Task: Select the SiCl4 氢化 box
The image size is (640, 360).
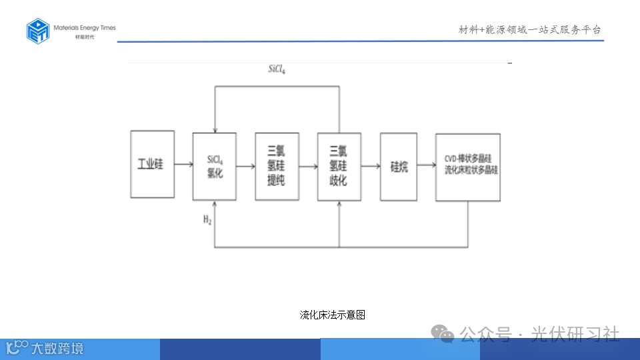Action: pyautogui.click(x=214, y=166)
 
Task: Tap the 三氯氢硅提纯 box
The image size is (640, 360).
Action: pyautogui.click(x=277, y=166)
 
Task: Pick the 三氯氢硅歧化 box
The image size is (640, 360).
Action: pyautogui.click(x=339, y=166)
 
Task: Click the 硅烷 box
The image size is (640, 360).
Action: pyautogui.click(x=399, y=166)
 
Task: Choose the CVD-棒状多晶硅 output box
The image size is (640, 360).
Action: pyautogui.click(x=468, y=167)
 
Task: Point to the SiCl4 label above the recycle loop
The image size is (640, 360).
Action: pyautogui.click(x=277, y=69)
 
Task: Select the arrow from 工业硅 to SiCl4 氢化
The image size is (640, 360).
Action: pyautogui.click(x=183, y=165)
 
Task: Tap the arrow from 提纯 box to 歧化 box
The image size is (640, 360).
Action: pyautogui.click(x=308, y=166)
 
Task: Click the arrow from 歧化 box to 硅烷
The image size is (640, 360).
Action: pyautogui.click(x=371, y=166)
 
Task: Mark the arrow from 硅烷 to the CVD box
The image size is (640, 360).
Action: pyautogui.click(x=426, y=166)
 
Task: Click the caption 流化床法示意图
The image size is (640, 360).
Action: pyautogui.click(x=333, y=315)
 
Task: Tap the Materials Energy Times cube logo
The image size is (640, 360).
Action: pyautogui.click(x=38, y=31)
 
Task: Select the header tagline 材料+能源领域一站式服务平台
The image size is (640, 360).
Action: pyautogui.click(x=530, y=29)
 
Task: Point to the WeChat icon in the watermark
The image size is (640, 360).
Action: pyautogui.click(x=441, y=333)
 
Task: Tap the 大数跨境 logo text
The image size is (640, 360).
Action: pyautogui.click(x=57, y=347)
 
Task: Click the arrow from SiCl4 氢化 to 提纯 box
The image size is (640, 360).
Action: pyautogui.click(x=245, y=166)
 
